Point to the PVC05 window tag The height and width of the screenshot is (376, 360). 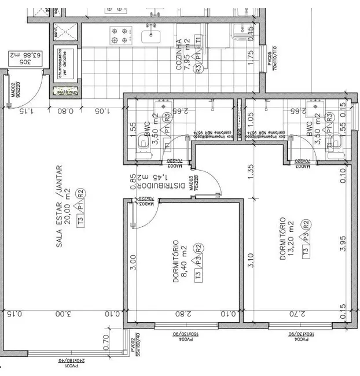271,58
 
